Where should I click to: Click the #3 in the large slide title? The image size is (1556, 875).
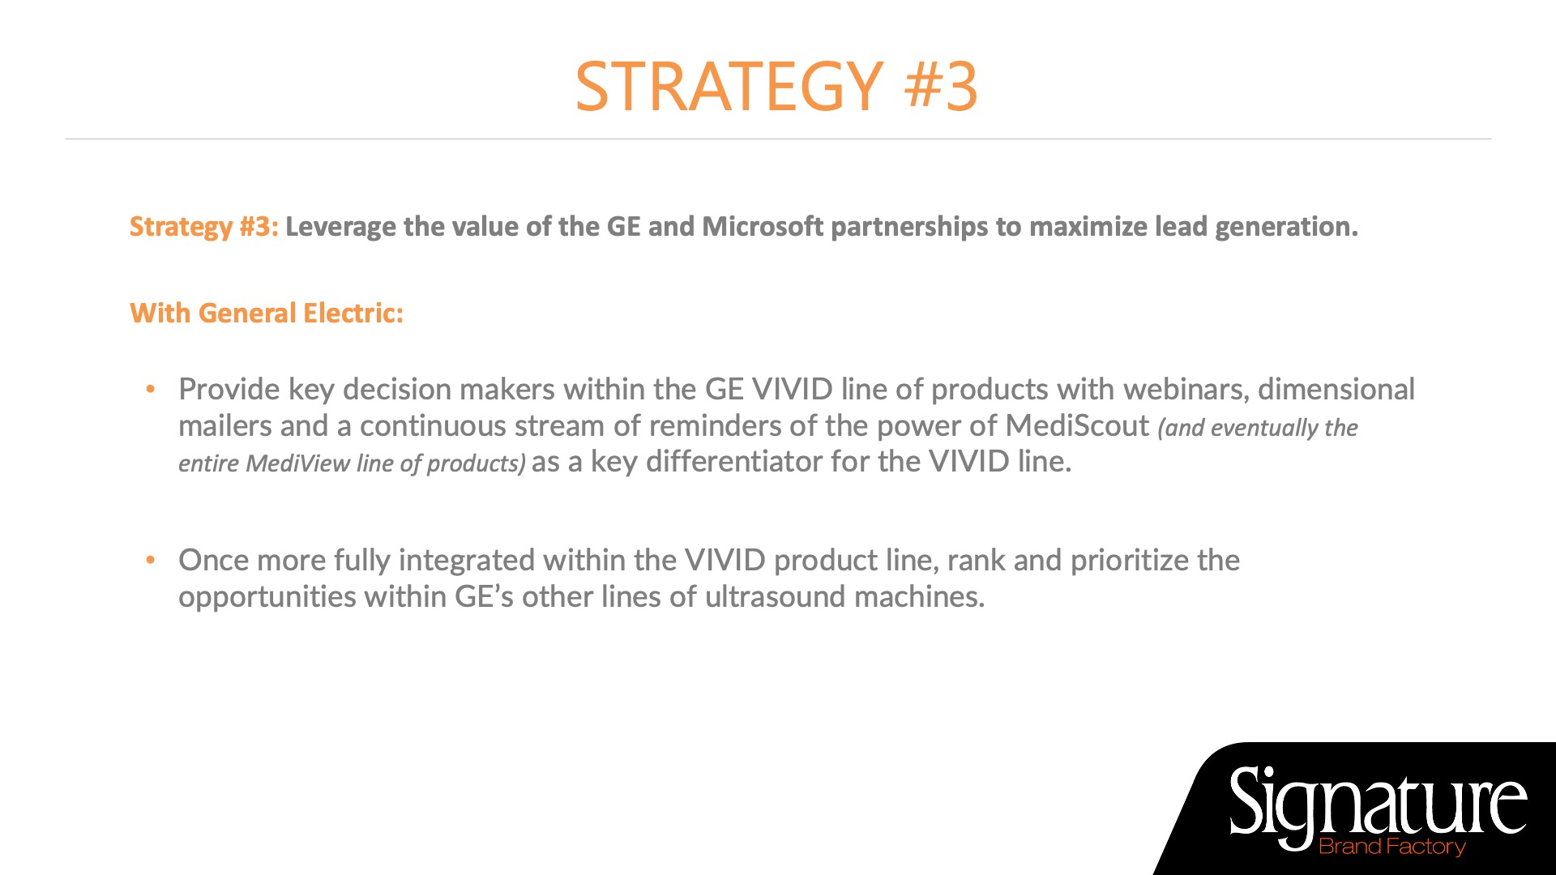click(x=941, y=86)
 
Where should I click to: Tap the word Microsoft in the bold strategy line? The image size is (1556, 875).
click(x=763, y=226)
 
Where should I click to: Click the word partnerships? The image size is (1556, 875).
click(x=909, y=228)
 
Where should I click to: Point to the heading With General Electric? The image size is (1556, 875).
click(x=267, y=313)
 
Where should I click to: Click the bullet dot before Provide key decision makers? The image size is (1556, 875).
click(x=150, y=390)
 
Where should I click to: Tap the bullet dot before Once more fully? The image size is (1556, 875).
click(x=150, y=561)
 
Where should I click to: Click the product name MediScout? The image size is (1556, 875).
click(x=1077, y=425)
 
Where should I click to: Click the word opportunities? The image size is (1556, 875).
click(x=267, y=597)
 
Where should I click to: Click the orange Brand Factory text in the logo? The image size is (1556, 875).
click(x=1392, y=847)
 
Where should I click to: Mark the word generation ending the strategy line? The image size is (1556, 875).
click(x=1285, y=228)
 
